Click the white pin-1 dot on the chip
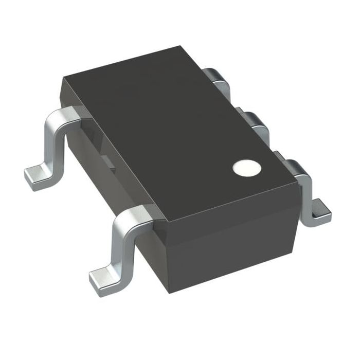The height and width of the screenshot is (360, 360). (245, 168)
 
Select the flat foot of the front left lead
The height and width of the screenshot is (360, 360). (103, 278)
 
